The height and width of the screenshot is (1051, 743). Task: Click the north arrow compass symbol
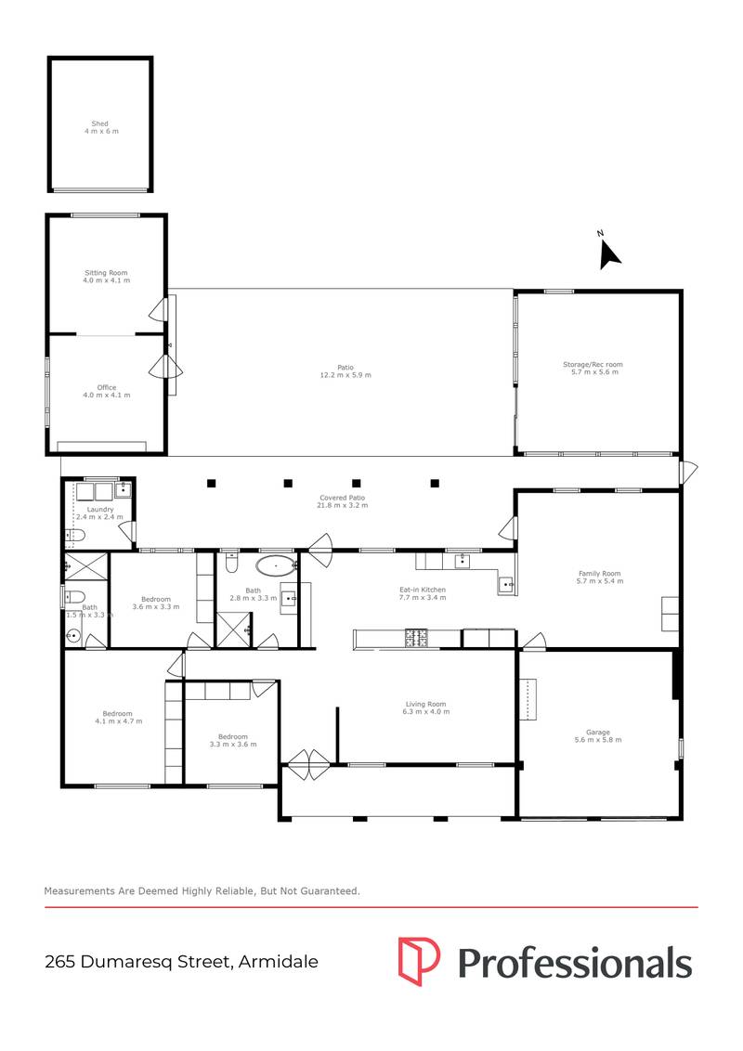pyautogui.click(x=608, y=253)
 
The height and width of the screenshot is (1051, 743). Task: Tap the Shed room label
pyautogui.click(x=100, y=127)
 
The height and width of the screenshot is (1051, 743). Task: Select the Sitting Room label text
pyautogui.click(x=107, y=276)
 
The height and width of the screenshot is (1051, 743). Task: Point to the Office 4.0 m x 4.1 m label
pyautogui.click(x=107, y=391)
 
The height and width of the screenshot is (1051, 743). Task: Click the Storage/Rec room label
pyautogui.click(x=598, y=369)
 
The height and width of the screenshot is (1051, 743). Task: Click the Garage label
pyautogui.click(x=598, y=736)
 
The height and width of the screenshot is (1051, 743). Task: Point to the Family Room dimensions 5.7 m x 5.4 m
pyautogui.click(x=599, y=581)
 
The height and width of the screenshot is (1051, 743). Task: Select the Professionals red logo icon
pyautogui.click(x=419, y=960)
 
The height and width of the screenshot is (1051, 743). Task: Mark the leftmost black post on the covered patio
pyautogui.click(x=212, y=483)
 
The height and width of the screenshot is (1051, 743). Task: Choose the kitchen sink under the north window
pyautogui.click(x=462, y=561)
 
